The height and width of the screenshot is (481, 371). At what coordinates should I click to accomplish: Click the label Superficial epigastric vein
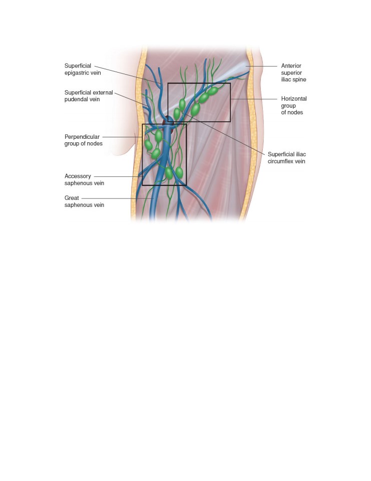coord(83,69)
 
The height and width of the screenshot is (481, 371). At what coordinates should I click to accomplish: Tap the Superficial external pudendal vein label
coord(89,96)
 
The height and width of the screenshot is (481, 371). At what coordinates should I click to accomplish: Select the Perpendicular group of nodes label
coord(84,140)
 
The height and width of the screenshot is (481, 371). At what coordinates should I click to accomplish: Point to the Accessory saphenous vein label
coord(84,179)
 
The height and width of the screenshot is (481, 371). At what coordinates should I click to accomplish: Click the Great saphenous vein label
coord(84,201)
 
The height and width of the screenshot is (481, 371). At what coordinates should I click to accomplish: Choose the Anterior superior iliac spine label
coord(293,73)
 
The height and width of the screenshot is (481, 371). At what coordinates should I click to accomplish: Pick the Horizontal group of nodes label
coord(294,106)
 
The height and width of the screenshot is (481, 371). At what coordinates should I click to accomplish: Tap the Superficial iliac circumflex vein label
coord(287,158)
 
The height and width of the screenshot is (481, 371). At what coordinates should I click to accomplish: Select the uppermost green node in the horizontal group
coord(212,91)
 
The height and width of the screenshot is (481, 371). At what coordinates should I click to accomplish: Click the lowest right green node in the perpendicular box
coord(179,172)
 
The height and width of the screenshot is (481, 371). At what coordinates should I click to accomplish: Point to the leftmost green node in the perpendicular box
coord(148,145)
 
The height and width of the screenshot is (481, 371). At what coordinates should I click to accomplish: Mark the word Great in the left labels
coord(72,198)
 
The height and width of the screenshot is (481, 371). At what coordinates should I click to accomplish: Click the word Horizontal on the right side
coord(294,99)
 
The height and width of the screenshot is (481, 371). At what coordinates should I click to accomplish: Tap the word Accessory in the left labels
coord(78,176)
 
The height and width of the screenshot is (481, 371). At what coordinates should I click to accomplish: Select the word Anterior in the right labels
coord(291,66)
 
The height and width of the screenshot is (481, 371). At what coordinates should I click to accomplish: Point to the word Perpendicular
coord(82,137)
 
